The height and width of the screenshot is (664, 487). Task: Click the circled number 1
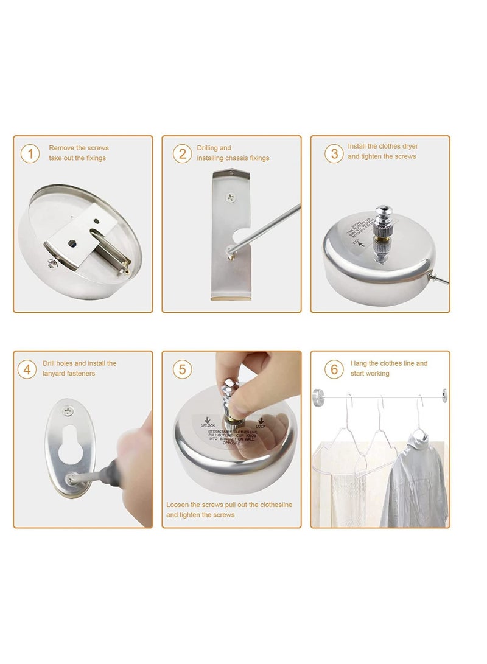coord(30,153)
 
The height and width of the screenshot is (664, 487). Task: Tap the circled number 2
coord(182,153)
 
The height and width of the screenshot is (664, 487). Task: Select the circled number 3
coord(334,153)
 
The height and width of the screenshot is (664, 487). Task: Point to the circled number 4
coord(27,369)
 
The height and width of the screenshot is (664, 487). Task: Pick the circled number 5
coord(182,369)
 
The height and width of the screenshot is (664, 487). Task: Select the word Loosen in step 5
coord(178,505)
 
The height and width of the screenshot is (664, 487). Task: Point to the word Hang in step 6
coord(359,363)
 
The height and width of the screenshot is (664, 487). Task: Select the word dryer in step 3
coord(408,146)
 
